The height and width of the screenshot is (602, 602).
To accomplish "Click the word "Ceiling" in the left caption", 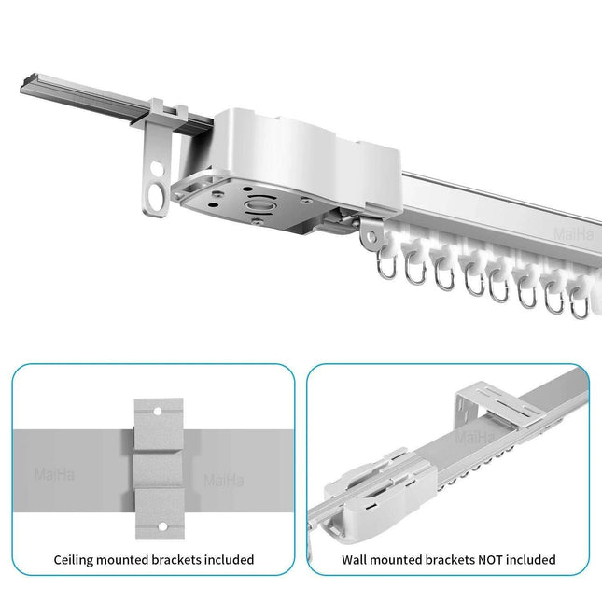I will (74, 560).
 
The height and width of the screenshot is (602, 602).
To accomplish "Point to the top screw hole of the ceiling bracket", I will (159, 409).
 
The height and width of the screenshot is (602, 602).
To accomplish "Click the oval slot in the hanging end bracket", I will (153, 196).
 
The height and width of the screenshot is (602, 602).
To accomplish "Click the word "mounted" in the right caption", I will (399, 560).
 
